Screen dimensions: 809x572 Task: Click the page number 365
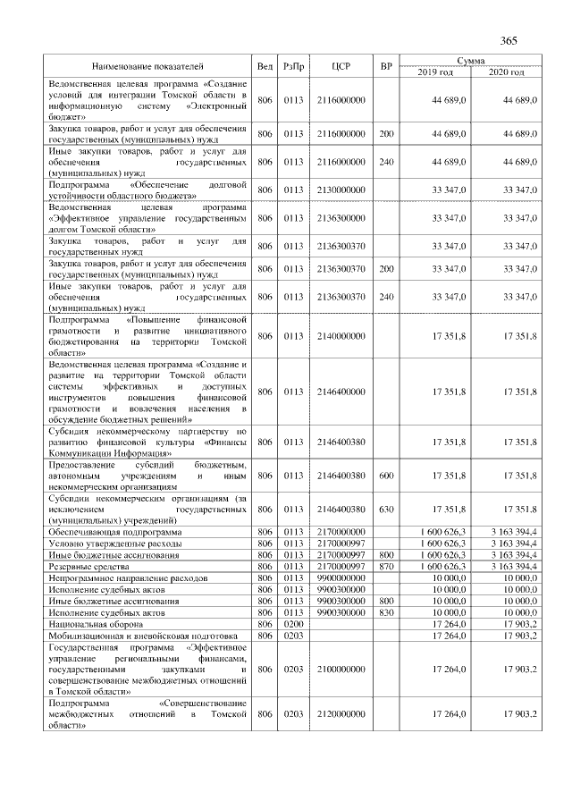pos(509,41)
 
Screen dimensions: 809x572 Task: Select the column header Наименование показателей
pos(147,66)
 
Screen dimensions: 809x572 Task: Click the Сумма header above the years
pos(470,60)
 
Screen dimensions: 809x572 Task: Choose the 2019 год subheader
pos(435,72)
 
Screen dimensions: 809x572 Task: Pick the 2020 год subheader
pos(506,72)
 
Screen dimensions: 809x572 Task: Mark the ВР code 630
pos(386,510)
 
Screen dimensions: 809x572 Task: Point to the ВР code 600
pos(386,476)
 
